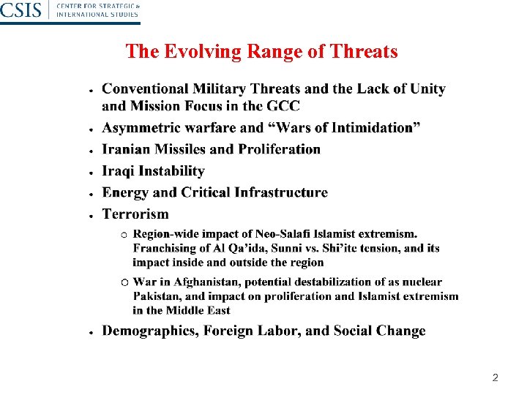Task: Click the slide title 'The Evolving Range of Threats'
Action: (x=261, y=52)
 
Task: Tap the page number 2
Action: (x=495, y=378)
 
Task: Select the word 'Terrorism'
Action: (x=135, y=214)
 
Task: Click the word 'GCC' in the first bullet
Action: (x=283, y=105)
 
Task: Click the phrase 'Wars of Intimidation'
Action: (x=343, y=128)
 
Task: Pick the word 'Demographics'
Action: (x=149, y=331)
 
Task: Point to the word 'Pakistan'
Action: (x=154, y=296)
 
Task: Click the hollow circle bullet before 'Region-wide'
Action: (x=124, y=235)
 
